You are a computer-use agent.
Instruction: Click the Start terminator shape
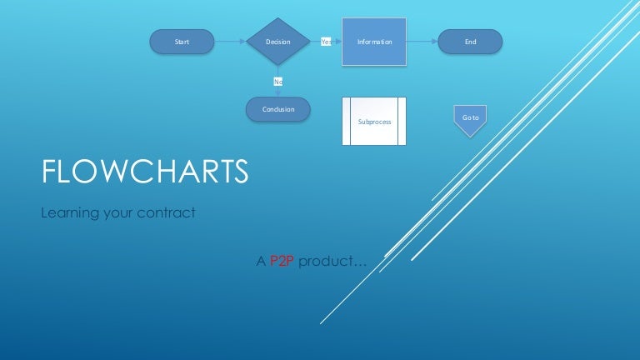click(182, 41)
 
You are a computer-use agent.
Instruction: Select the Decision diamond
click(277, 41)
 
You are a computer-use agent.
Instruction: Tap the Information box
click(374, 41)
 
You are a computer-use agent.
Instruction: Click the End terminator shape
click(471, 41)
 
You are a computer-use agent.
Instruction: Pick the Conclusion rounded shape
click(278, 109)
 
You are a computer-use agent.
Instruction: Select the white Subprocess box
click(374, 122)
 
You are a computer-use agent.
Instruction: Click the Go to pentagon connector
click(470, 117)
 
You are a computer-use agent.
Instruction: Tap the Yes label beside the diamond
click(326, 41)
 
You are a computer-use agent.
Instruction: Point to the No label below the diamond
click(277, 81)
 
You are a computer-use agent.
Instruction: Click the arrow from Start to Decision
click(231, 41)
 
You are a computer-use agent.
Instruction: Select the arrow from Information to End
click(422, 41)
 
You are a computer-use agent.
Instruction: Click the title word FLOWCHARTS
click(145, 172)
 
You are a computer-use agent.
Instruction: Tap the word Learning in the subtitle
click(69, 213)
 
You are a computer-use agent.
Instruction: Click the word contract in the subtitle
click(167, 213)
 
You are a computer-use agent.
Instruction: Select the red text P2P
click(282, 262)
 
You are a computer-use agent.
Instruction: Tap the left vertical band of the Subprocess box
click(347, 122)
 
